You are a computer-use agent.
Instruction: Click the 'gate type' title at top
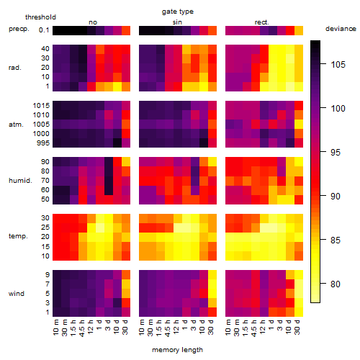pyautogui.click(x=178, y=12)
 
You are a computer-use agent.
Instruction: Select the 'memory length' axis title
pyautogui.click(x=178, y=350)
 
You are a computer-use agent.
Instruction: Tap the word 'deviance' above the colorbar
pyautogui.click(x=341, y=29)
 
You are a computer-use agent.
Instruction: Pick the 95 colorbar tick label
pyautogui.click(x=336, y=152)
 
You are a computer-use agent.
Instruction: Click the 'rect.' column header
pyautogui.click(x=261, y=22)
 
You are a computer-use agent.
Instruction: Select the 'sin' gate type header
pyautogui.click(x=177, y=22)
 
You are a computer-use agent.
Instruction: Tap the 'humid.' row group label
pyautogui.click(x=20, y=181)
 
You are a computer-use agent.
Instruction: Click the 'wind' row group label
pyautogui.click(x=17, y=294)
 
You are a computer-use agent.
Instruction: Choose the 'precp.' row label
pyautogui.click(x=19, y=30)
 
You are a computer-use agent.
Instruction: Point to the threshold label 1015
pyautogui.click(x=41, y=106)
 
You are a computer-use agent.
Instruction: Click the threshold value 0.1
pyautogui.click(x=44, y=30)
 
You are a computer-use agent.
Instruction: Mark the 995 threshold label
pyautogui.click(x=43, y=143)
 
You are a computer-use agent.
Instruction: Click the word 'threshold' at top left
pyautogui.click(x=40, y=17)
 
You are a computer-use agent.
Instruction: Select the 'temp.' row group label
pyautogui.click(x=18, y=236)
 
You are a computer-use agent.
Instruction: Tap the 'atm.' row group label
pyautogui.click(x=16, y=125)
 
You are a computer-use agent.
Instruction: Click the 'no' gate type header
pyautogui.click(x=93, y=22)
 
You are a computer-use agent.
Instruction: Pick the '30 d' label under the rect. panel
pyautogui.click(x=297, y=327)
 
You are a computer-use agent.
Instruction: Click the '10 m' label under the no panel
pyautogui.click(x=56, y=328)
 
